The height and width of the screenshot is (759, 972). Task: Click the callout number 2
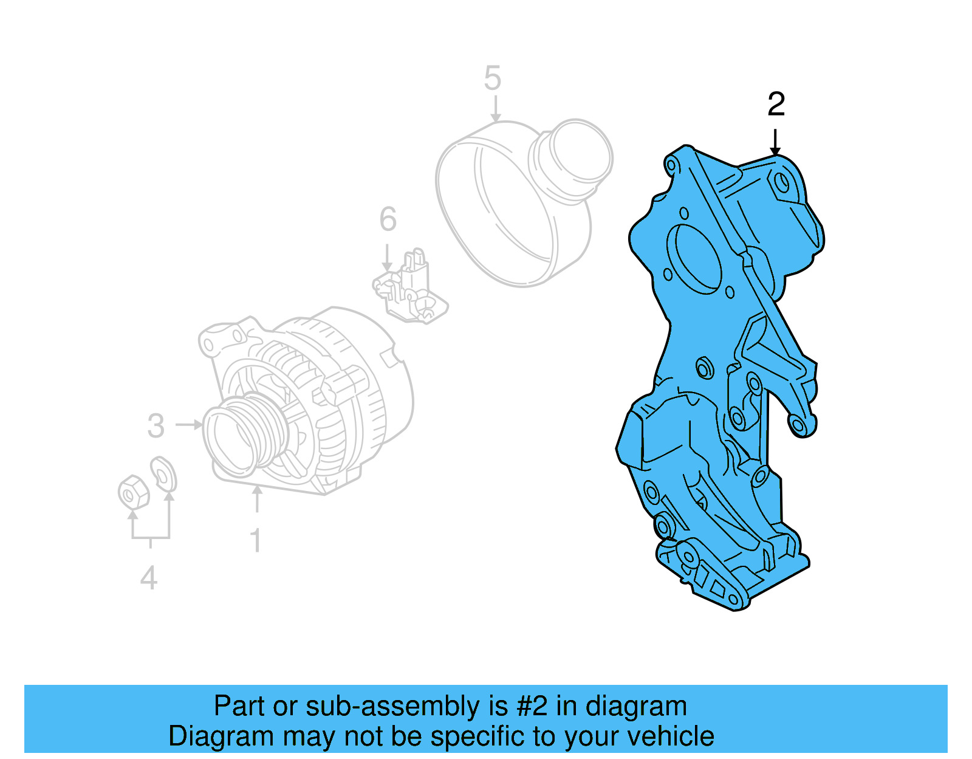pos(776,105)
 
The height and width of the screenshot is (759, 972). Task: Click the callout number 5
pos(493,79)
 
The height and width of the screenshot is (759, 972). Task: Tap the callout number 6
pos(388,220)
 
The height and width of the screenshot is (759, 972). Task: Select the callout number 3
pos(156,426)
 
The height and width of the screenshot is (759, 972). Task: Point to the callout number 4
pos(149,578)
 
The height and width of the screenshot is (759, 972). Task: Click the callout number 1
pos(256,540)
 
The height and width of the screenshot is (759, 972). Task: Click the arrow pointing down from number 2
pos(775,142)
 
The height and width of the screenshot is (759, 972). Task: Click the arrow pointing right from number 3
pos(189,424)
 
